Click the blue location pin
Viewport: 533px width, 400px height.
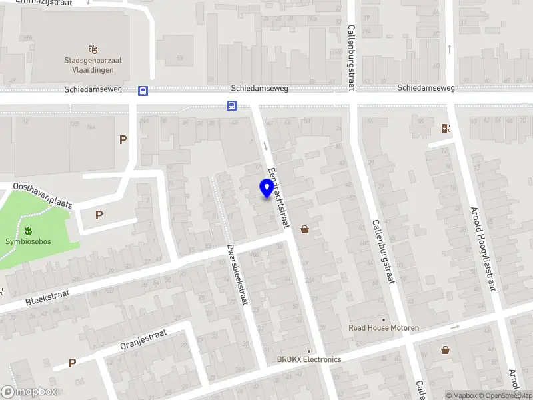(x=267, y=189)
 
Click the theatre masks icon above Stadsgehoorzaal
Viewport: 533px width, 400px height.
(x=93, y=49)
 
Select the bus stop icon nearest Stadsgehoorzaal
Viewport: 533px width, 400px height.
(x=143, y=91)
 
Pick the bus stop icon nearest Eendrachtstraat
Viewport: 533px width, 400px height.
(x=231, y=105)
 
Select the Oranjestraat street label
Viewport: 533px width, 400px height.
(x=142, y=337)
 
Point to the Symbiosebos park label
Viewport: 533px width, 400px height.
(x=28, y=242)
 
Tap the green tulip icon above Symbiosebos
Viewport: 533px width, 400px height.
(x=28, y=231)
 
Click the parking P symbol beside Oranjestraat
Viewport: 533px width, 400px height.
(x=72, y=363)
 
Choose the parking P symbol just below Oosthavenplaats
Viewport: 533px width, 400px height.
(x=99, y=215)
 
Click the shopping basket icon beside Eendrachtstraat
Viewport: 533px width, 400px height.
(x=305, y=230)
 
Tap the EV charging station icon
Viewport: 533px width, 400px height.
(x=445, y=129)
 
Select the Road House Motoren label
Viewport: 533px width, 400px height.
(x=384, y=327)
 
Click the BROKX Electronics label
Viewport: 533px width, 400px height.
(x=309, y=359)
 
